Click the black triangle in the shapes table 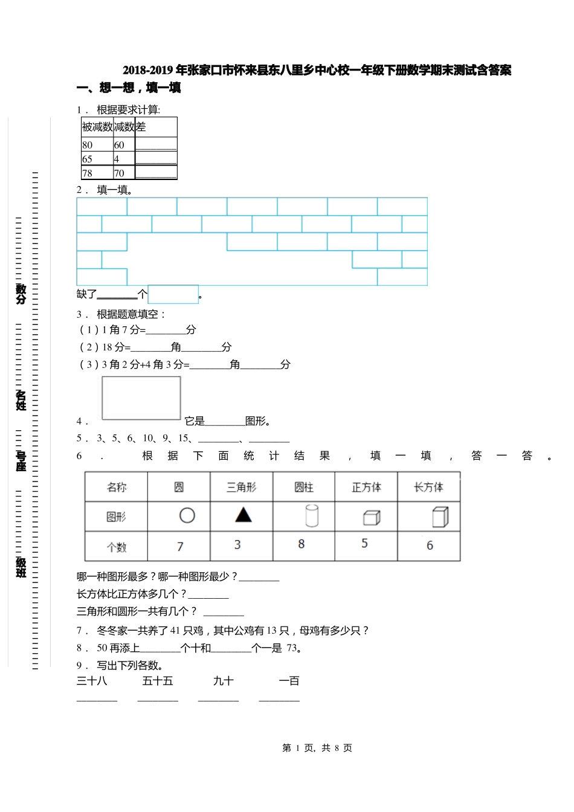(x=243, y=515)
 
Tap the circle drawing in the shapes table (x=187, y=515)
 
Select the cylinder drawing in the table (x=312, y=516)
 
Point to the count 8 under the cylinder (x=302, y=544)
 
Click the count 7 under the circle (x=180, y=547)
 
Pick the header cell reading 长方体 (x=428, y=487)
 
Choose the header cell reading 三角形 (x=241, y=487)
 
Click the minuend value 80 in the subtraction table (x=88, y=145)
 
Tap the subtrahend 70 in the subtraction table (x=119, y=173)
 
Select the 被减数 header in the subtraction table (x=97, y=127)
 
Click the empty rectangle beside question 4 (x=141, y=398)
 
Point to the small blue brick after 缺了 (x=173, y=294)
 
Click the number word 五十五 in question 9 (x=158, y=681)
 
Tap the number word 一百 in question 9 (x=289, y=681)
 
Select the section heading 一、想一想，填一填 (x=129, y=88)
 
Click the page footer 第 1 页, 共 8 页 (x=317, y=748)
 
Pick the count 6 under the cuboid (x=430, y=546)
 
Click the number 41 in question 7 (x=176, y=631)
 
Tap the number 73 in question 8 (x=292, y=648)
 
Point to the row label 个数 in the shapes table (x=117, y=547)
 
